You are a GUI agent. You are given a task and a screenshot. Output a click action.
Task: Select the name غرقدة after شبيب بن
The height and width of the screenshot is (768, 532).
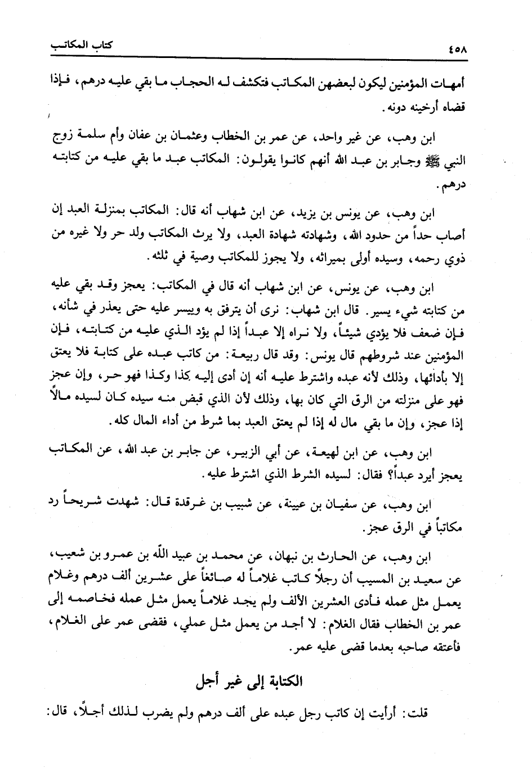170,503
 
